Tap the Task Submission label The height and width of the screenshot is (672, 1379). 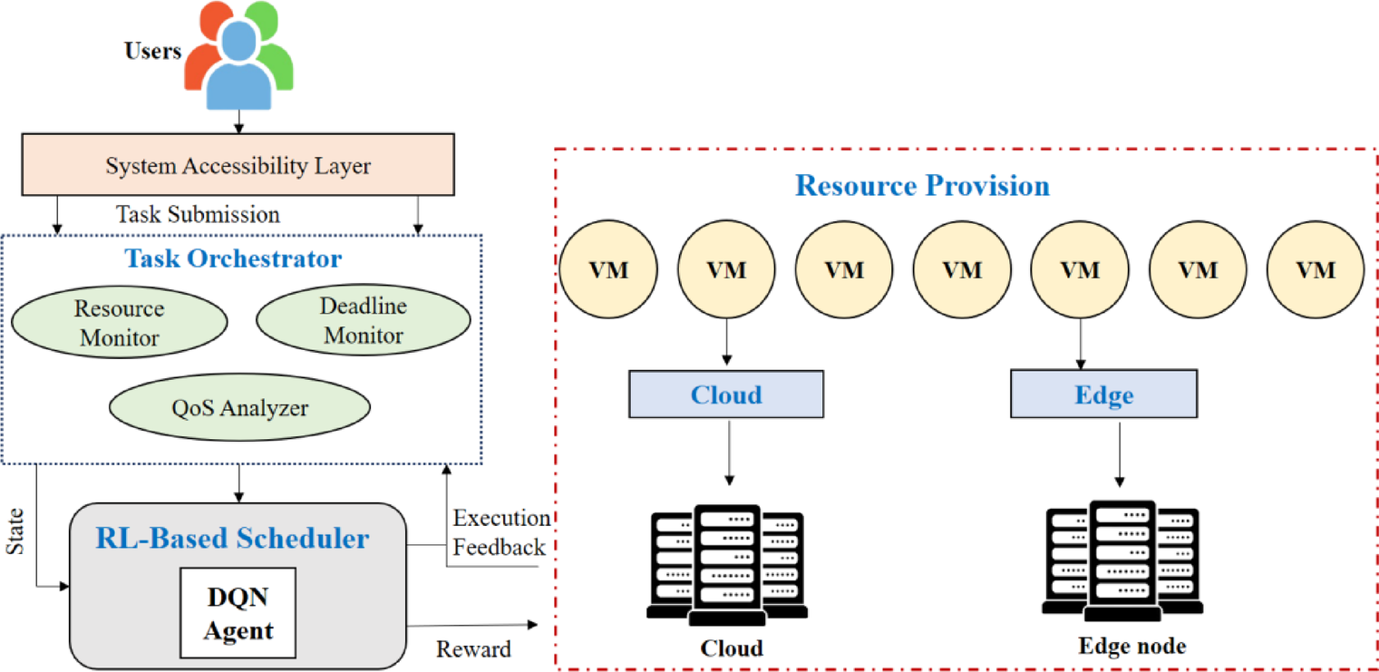click(198, 215)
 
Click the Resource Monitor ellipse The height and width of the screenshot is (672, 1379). click(119, 324)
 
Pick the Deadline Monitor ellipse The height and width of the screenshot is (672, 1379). click(364, 321)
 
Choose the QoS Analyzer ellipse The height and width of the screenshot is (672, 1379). click(239, 408)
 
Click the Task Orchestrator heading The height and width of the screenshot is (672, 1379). click(234, 258)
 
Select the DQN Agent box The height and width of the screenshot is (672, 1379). click(238, 613)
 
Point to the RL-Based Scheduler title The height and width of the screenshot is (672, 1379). click(233, 539)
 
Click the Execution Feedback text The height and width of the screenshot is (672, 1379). click(500, 532)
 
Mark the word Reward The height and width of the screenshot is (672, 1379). click(473, 649)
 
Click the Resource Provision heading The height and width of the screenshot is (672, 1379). click(922, 186)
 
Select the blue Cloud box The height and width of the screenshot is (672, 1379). click(726, 394)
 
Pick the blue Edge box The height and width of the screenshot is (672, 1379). click(1103, 394)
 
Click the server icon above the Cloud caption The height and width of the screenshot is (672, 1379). click(727, 564)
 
